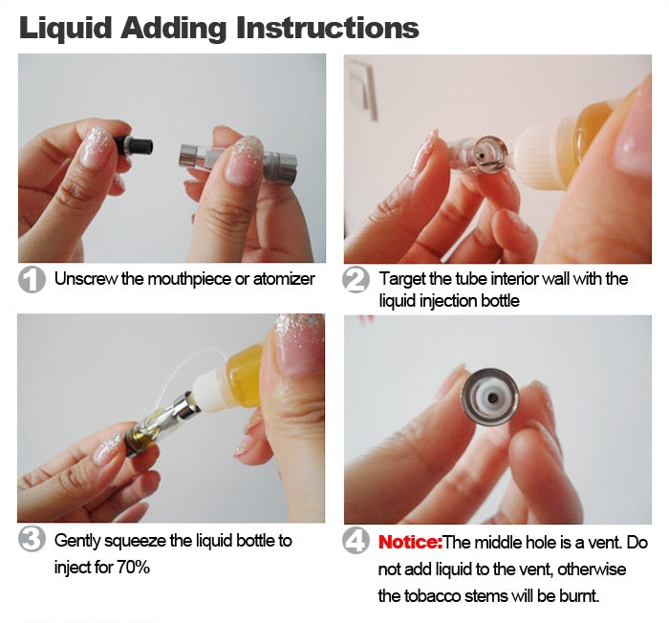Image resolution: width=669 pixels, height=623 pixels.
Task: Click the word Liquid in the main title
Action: [x=65, y=28]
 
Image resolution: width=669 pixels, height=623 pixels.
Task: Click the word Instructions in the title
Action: [x=327, y=28]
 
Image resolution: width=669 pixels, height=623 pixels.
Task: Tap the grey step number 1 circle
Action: [x=32, y=280]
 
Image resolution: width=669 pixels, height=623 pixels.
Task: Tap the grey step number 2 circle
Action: [x=356, y=280]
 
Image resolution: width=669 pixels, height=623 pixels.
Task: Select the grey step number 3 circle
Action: [x=32, y=539]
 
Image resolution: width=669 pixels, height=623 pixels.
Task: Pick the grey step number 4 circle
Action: [x=356, y=541]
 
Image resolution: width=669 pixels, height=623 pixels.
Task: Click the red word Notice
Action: [x=410, y=543]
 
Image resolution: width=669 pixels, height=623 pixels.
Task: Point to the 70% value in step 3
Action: [x=134, y=568]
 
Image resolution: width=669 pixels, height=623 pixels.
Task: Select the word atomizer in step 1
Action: [x=284, y=279]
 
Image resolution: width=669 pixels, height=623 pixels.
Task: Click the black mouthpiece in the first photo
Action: [x=134, y=146]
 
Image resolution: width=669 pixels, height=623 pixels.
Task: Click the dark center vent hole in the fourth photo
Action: [x=492, y=398]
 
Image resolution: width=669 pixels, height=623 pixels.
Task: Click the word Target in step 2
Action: [x=402, y=279]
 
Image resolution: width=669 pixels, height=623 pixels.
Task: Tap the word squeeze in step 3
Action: [x=136, y=541]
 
